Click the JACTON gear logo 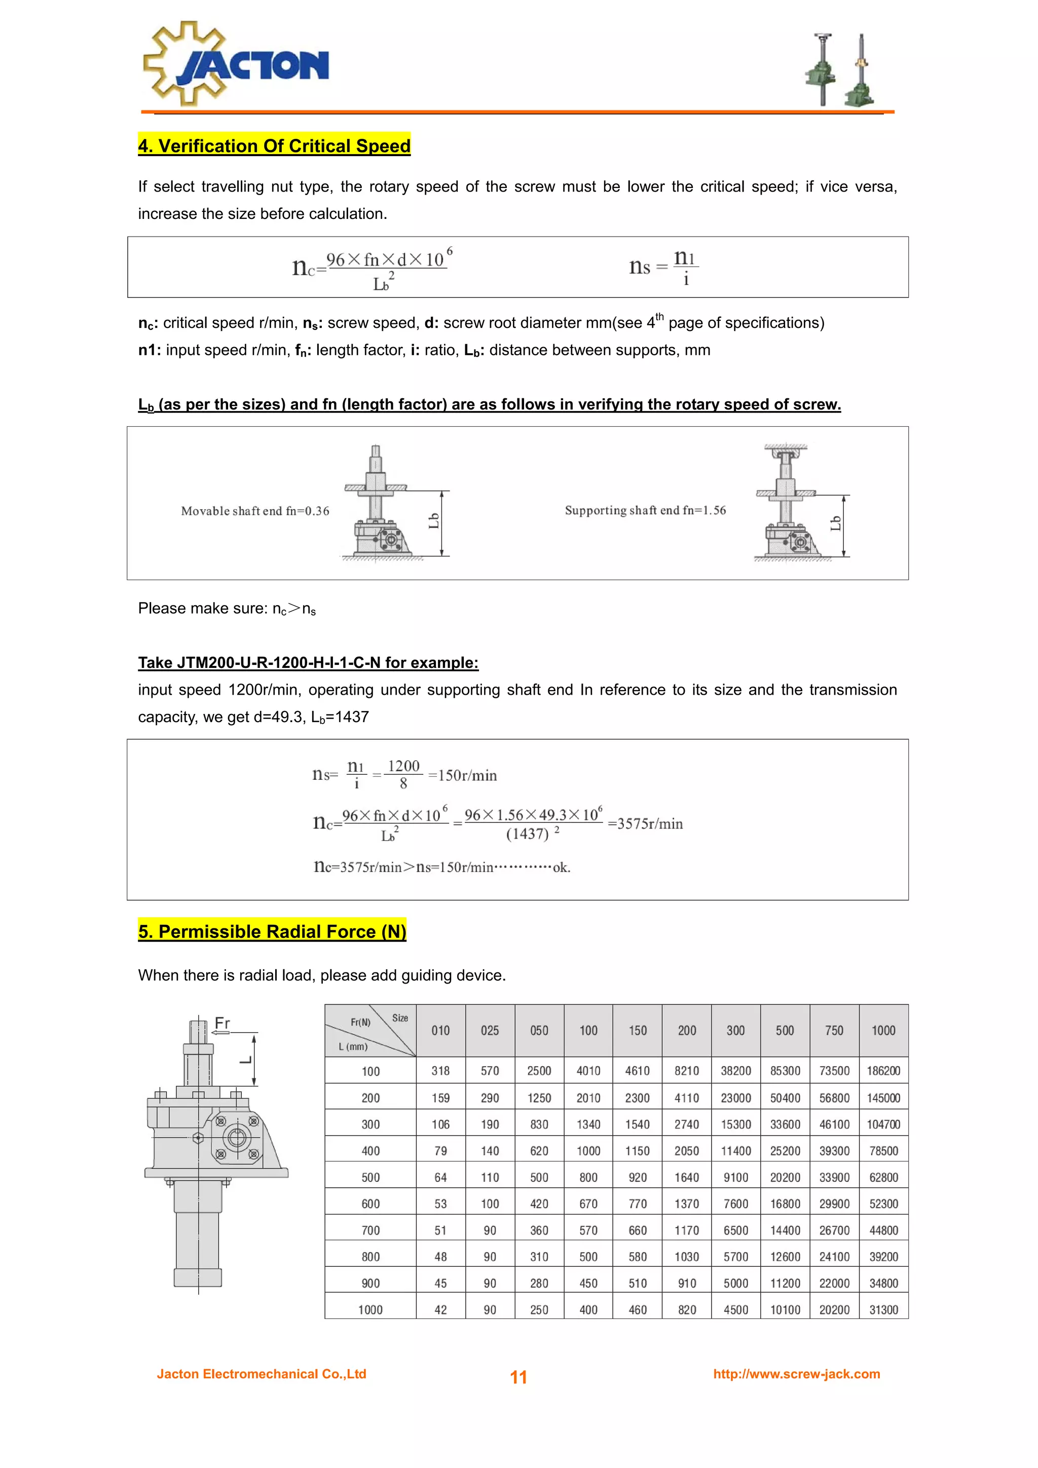pyautogui.click(x=235, y=64)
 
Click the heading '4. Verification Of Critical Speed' pyautogui.click(x=274, y=146)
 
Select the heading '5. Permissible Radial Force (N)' pyautogui.click(x=272, y=931)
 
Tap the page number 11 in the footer pyautogui.click(x=518, y=1377)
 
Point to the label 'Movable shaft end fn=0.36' pyautogui.click(x=254, y=511)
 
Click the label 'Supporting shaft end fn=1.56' pyautogui.click(x=645, y=510)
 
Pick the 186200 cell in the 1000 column pyautogui.click(x=883, y=1071)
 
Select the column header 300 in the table pyautogui.click(x=735, y=1031)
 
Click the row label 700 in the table pyautogui.click(x=370, y=1230)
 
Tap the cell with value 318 pyautogui.click(x=440, y=1071)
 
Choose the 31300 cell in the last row pyautogui.click(x=883, y=1309)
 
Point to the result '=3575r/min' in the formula pyautogui.click(x=645, y=823)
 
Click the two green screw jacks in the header pyautogui.click(x=840, y=70)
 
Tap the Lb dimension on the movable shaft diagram pyautogui.click(x=434, y=521)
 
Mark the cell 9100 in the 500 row pyautogui.click(x=735, y=1177)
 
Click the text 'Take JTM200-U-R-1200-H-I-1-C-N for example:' pyautogui.click(x=308, y=662)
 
